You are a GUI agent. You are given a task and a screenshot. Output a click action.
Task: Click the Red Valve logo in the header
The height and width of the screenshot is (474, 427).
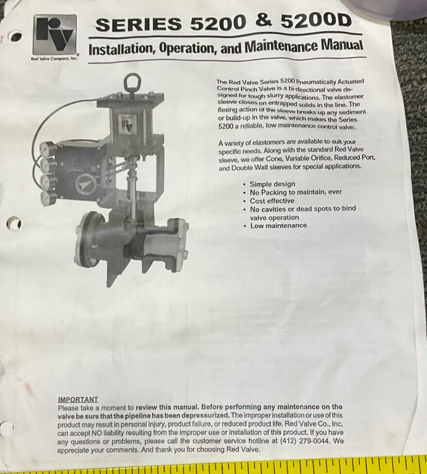point(55,35)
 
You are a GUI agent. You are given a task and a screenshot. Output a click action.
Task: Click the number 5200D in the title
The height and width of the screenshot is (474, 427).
point(316,21)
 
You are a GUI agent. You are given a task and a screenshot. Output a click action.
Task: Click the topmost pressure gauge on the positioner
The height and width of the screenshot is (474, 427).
point(47,149)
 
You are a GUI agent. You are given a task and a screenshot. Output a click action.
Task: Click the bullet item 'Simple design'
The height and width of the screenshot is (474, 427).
point(272,184)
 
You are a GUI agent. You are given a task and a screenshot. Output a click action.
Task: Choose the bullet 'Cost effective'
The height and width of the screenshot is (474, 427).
point(272,201)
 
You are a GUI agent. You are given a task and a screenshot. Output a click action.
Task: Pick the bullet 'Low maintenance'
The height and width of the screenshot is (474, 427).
point(278,226)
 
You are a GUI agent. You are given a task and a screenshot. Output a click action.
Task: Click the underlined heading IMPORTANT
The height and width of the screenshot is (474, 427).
point(78,399)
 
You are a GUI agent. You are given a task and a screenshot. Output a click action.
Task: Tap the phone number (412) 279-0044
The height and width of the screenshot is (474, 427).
point(305,441)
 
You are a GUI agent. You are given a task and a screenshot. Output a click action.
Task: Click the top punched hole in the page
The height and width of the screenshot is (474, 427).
point(16,36)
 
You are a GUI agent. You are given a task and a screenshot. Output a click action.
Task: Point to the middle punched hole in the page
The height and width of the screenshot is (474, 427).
point(14,224)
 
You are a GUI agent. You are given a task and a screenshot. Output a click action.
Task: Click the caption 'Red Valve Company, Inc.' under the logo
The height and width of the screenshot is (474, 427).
point(55,58)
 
